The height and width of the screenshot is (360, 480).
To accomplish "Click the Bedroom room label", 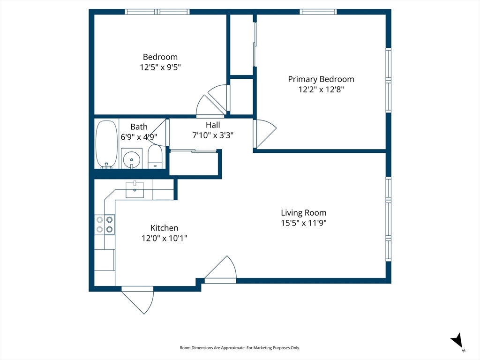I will point(160,57).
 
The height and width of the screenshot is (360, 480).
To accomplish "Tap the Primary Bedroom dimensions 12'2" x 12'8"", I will point(321,89).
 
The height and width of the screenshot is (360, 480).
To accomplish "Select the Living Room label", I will point(303,213).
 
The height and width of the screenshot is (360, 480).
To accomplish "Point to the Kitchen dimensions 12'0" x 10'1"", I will point(164,238).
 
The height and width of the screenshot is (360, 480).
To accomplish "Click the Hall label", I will point(213,125).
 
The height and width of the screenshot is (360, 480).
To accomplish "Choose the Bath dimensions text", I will point(139,137).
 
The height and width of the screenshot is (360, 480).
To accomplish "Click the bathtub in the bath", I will point(106,144).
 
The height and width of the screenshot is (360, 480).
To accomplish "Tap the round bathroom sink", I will point(132,158).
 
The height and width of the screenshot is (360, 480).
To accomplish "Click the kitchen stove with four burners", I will point(105,224).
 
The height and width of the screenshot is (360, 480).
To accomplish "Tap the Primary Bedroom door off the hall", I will point(263,133).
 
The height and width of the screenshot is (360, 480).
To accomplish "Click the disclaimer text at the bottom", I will point(240,348).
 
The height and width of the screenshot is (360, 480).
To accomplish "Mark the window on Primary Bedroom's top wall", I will point(318,12).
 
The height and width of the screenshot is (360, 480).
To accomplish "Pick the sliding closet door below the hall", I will point(194,150).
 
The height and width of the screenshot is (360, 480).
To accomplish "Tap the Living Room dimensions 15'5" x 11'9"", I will point(303,223).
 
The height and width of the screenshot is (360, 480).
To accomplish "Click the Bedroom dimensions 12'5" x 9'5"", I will point(160,67).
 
